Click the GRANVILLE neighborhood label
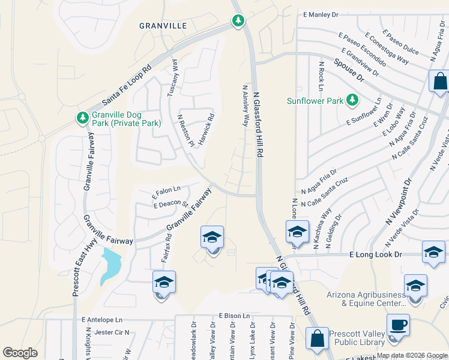(x=163, y=26)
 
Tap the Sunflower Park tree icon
(x=353, y=100)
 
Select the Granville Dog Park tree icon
(x=82, y=119)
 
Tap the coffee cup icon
(x=398, y=326)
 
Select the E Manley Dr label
(x=321, y=14)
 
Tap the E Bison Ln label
(x=234, y=315)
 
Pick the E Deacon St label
(x=171, y=205)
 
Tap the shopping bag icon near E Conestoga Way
(x=440, y=82)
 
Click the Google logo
(x=20, y=353)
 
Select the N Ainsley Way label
(x=245, y=105)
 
